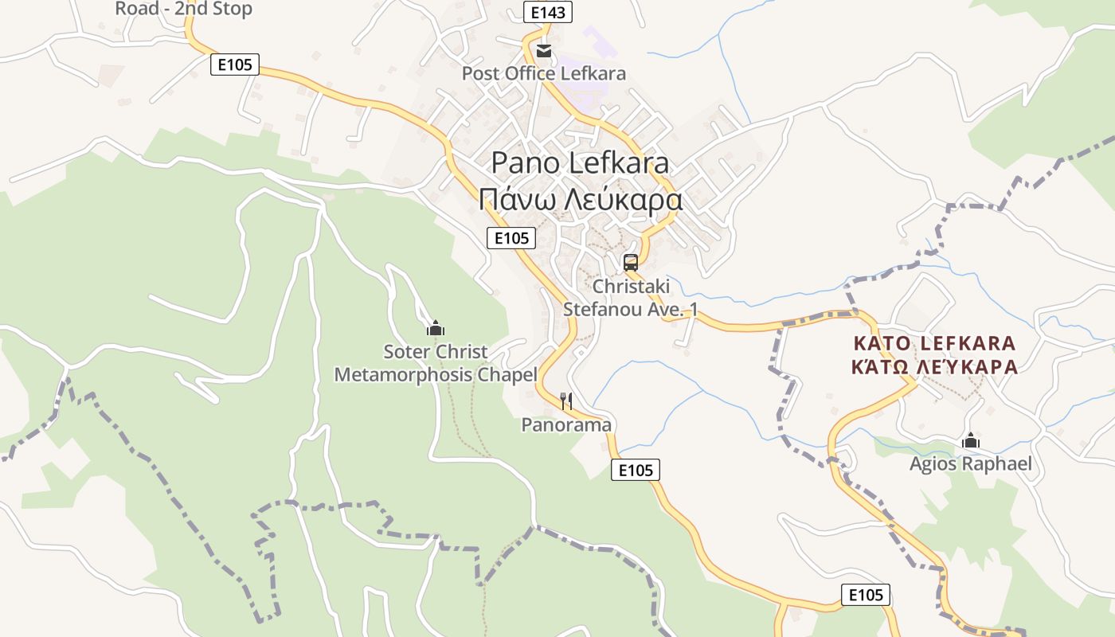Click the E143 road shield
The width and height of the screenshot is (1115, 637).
(x=548, y=12)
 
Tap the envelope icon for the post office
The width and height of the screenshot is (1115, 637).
(x=544, y=51)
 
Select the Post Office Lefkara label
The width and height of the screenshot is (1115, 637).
(x=544, y=73)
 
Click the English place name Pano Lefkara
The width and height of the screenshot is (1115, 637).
(x=580, y=163)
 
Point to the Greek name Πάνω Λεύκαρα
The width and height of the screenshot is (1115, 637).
(x=581, y=199)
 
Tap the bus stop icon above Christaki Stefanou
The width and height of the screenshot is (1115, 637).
(x=631, y=262)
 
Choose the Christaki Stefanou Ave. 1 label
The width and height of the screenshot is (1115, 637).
(x=631, y=298)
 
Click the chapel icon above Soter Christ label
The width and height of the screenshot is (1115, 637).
(x=435, y=328)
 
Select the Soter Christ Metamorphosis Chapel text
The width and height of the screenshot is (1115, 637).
(x=436, y=363)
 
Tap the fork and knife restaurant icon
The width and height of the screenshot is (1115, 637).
(x=566, y=401)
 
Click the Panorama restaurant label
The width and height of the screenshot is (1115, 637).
(x=566, y=425)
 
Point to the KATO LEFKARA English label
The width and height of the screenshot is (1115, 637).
(x=934, y=343)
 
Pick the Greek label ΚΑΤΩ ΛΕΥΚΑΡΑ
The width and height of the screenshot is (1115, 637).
(x=934, y=367)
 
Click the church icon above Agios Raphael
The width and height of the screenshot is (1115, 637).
(x=970, y=440)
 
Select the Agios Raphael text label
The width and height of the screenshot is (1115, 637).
(x=971, y=463)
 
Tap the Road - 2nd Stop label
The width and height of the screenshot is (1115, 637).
(x=184, y=9)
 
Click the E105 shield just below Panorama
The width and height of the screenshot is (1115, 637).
(x=636, y=471)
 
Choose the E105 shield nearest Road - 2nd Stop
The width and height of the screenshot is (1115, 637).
(x=235, y=64)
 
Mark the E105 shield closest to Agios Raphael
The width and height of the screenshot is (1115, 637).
(x=866, y=595)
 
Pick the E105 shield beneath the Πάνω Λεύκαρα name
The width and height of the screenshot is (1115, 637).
(x=511, y=237)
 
